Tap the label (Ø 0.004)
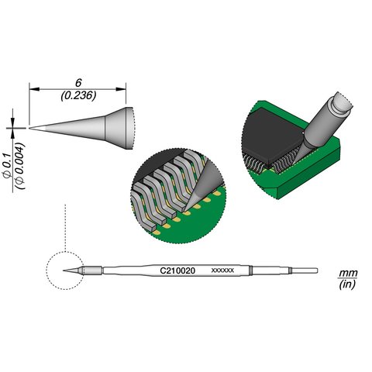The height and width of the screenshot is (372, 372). (21, 160)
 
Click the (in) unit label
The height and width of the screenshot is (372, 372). (347, 286)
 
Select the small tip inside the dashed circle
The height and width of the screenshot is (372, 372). (73, 270)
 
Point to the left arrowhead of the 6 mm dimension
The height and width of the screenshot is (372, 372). (33, 89)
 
